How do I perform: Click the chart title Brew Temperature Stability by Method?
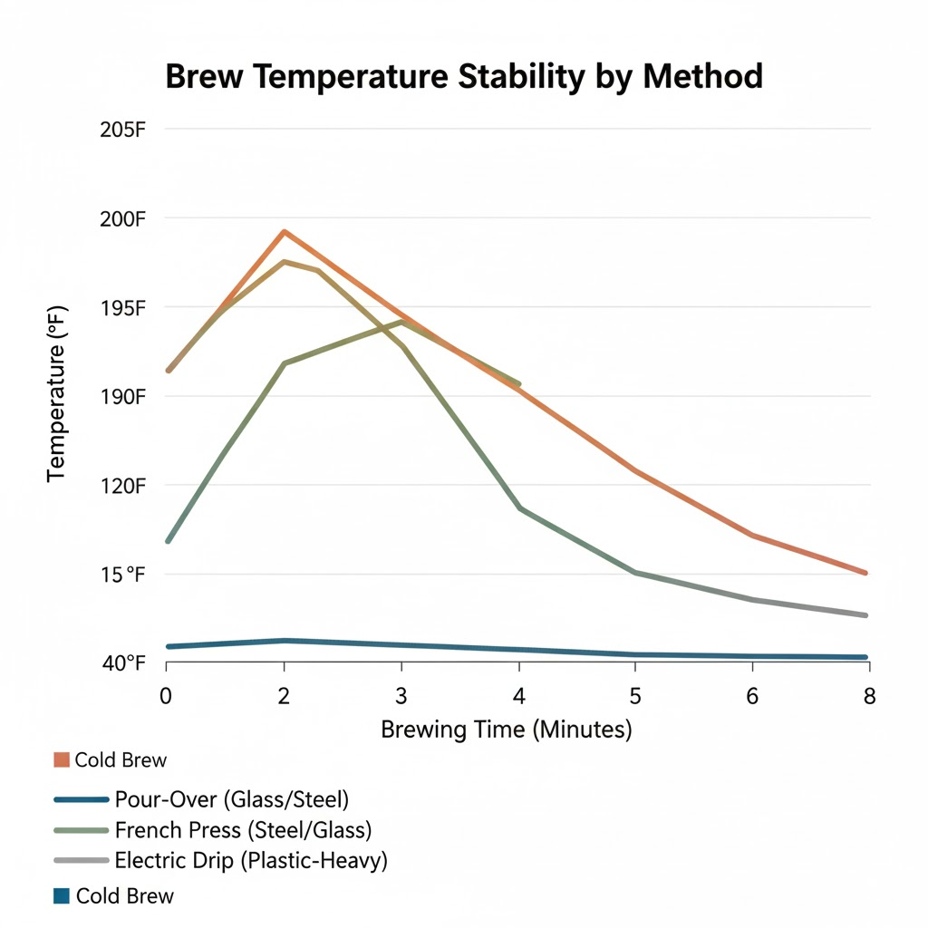(x=464, y=77)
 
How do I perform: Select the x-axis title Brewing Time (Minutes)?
(x=506, y=730)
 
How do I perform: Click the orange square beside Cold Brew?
(x=62, y=759)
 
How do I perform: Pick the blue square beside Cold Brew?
(x=62, y=896)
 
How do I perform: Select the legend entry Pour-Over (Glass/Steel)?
(x=232, y=799)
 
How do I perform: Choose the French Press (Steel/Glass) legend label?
(x=243, y=829)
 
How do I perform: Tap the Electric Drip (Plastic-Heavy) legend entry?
(x=251, y=860)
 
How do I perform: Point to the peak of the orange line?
(x=285, y=232)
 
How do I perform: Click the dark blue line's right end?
(x=866, y=657)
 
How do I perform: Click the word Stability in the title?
(x=507, y=77)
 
